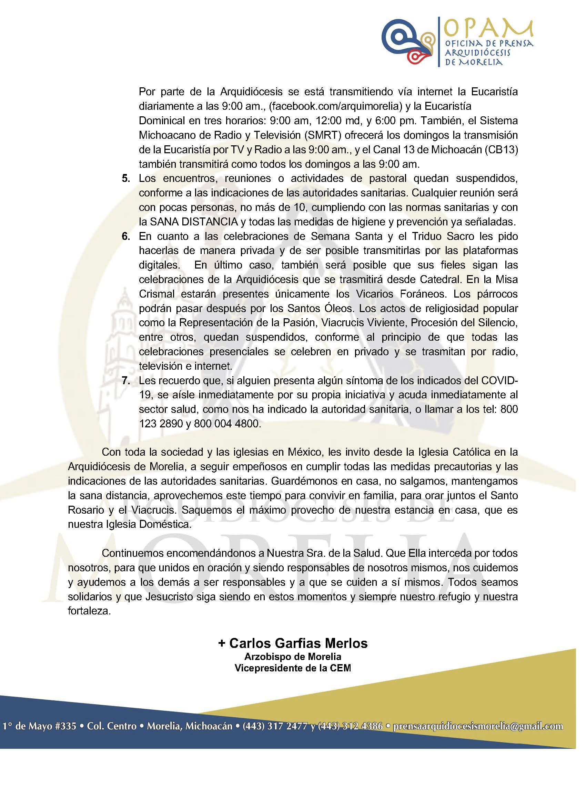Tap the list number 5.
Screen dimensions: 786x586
[126, 178]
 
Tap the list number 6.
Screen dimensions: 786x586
[126, 236]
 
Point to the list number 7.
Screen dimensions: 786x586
[126, 381]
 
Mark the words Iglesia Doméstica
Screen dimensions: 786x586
[146, 525]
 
